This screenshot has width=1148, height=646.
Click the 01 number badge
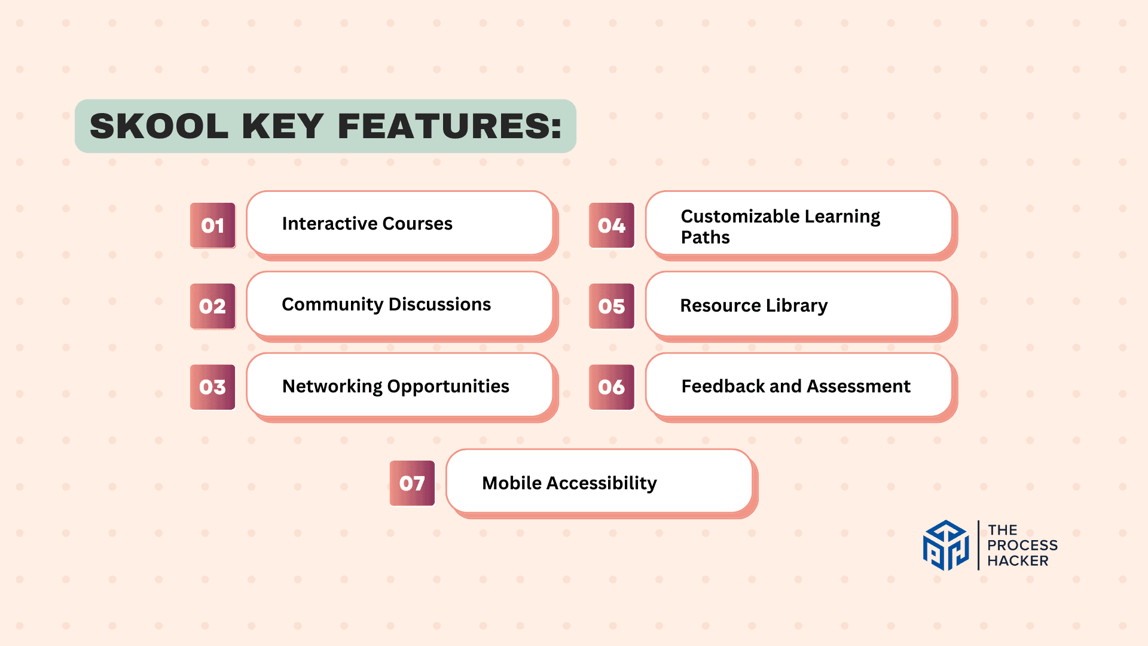click(x=213, y=226)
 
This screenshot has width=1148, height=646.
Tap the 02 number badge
click(x=213, y=306)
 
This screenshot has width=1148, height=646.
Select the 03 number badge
click(x=213, y=387)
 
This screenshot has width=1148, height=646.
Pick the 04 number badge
click(x=612, y=226)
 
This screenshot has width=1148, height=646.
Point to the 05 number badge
click(x=612, y=306)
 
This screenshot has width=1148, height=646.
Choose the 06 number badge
click(x=612, y=387)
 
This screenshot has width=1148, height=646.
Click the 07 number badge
click(x=413, y=483)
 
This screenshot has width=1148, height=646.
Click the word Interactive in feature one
click(x=329, y=223)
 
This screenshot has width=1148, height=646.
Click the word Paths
click(x=706, y=237)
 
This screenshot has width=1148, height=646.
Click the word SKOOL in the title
click(x=159, y=126)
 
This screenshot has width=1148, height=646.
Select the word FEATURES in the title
click(x=450, y=126)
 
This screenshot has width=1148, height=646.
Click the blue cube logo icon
click(x=946, y=545)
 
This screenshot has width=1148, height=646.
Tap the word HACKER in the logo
click(x=1018, y=561)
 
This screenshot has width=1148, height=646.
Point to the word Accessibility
click(x=602, y=484)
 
